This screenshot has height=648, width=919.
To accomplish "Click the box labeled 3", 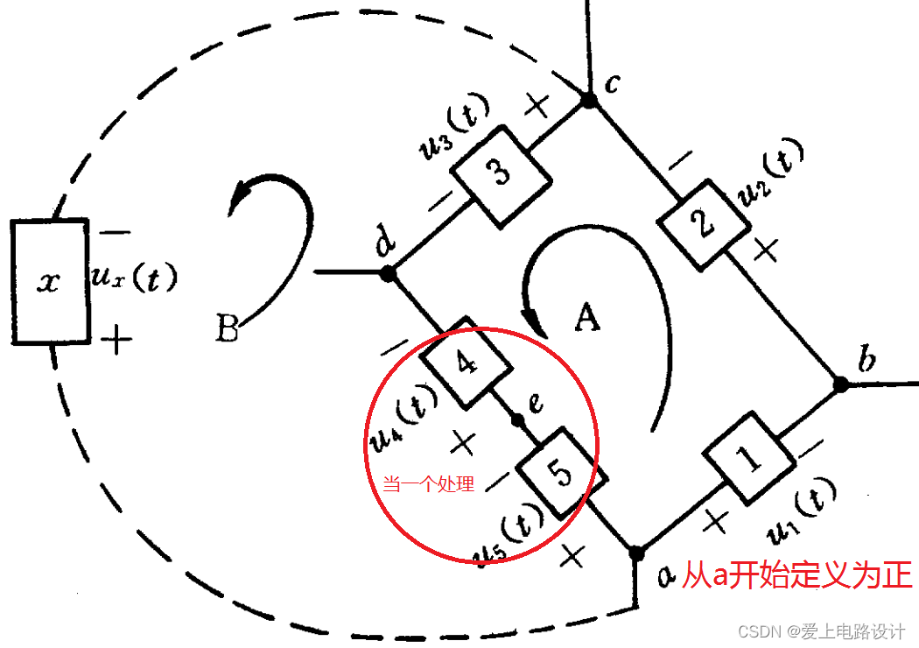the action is pyautogui.click(x=502, y=173).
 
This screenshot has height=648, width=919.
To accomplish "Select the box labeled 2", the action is pyautogui.click(x=703, y=226).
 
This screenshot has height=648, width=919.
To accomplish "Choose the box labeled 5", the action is pyautogui.click(x=561, y=473).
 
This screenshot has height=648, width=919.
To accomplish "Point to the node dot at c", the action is pyautogui.click(x=590, y=102).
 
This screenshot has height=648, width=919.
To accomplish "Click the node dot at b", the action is pyautogui.click(x=840, y=384).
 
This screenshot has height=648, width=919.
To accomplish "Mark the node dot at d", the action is pyautogui.click(x=389, y=273).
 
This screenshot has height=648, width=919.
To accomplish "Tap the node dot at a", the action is pyautogui.click(x=637, y=553).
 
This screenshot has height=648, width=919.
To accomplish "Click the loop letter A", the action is pyautogui.click(x=587, y=319).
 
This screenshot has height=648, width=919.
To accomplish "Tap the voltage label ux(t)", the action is pyautogui.click(x=134, y=278).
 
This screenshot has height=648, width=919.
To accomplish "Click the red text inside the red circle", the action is pyautogui.click(x=429, y=483).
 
